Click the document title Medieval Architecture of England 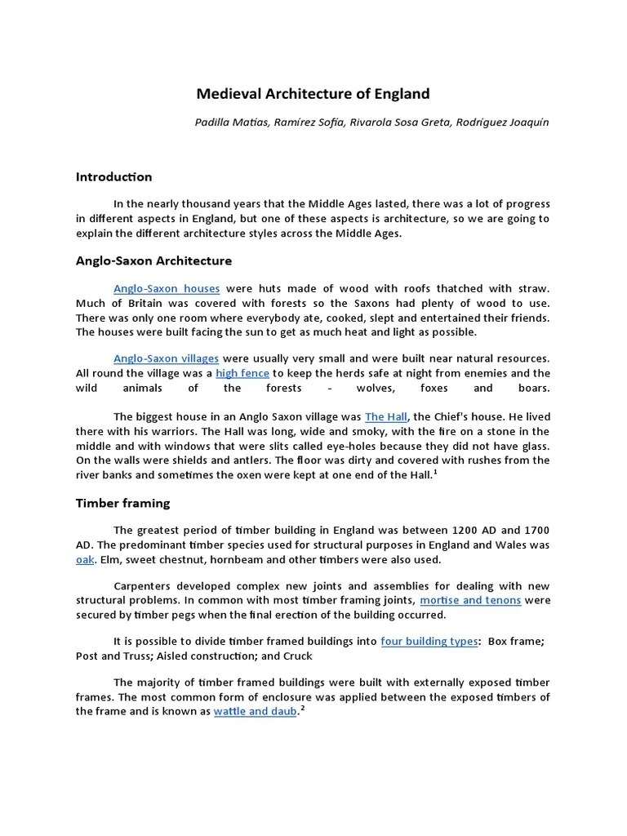pos(313,94)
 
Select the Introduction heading pos(113,176)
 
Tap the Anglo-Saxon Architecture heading pos(153,260)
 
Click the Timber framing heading pos(122,503)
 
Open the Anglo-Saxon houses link pos(167,289)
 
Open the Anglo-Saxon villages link pos(167,358)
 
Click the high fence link pos(242,373)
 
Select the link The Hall pos(385,416)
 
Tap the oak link pos(85,559)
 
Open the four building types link pos(429,641)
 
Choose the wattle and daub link pos(255,711)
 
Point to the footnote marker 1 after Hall pos(435,472)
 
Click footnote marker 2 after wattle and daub pos(301,708)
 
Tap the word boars pos(534,388)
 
